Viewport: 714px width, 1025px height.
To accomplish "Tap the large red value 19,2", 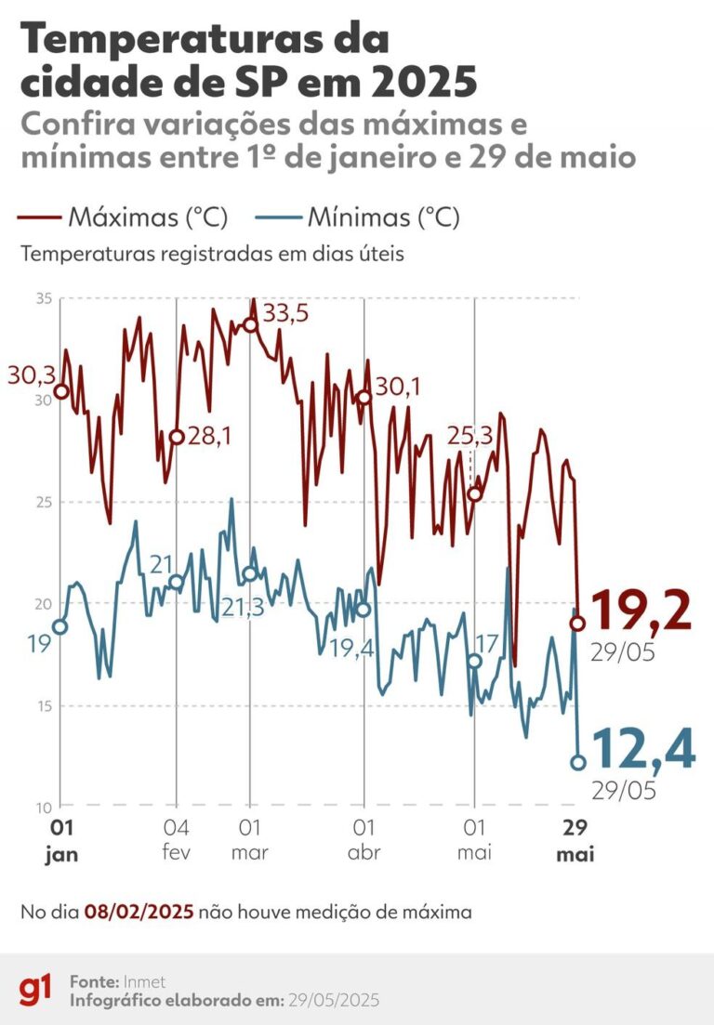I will [641, 611].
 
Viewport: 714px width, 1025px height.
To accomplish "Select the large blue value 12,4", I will [641, 750].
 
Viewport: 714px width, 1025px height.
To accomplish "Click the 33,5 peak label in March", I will [285, 314].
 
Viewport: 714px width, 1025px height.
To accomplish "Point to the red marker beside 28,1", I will [177, 438].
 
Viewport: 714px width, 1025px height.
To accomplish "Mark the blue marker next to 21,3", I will [249, 574].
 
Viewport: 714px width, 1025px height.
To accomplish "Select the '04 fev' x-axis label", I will [177, 839].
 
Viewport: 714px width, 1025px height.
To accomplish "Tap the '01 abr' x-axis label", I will [364, 839].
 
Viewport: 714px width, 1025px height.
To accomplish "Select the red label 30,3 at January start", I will [30, 375].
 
